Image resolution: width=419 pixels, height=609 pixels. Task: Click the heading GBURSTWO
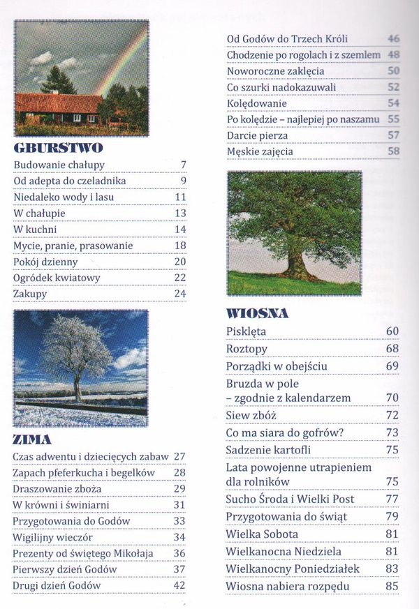pyautogui.click(x=58, y=147)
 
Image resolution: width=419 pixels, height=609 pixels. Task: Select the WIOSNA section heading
pyautogui.click(x=258, y=313)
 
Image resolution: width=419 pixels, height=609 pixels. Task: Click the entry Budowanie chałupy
pyautogui.click(x=59, y=165)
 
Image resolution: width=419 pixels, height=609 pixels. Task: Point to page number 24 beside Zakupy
pyautogui.click(x=180, y=294)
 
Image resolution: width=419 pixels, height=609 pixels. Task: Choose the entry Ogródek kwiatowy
pyautogui.click(x=57, y=278)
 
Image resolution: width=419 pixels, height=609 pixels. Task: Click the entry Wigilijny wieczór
pyautogui.click(x=52, y=537)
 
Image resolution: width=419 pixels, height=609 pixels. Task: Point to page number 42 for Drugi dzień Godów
pyautogui.click(x=179, y=585)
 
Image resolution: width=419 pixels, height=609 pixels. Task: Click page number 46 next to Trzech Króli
pyautogui.click(x=393, y=39)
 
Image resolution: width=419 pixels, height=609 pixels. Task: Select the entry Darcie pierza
pyautogui.click(x=256, y=135)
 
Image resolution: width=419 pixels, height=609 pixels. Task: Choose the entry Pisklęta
pyautogui.click(x=246, y=331)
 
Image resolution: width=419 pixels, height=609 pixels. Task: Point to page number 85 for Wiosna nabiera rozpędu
pyautogui.click(x=392, y=587)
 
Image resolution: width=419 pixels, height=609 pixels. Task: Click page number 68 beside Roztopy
pyautogui.click(x=392, y=348)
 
